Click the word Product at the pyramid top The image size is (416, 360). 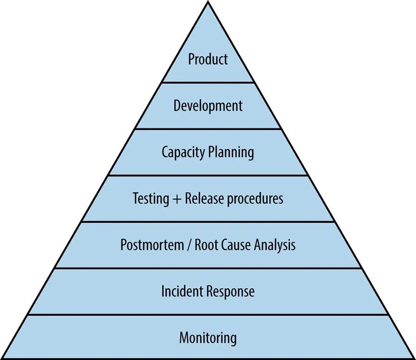(x=208, y=59)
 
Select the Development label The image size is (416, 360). (x=208, y=106)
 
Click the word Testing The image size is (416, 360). (x=151, y=199)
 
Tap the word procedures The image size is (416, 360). (x=257, y=199)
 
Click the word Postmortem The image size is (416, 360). (x=151, y=244)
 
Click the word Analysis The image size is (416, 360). (x=275, y=244)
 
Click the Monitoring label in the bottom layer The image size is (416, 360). (x=208, y=337)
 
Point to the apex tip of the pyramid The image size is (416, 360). (x=208, y=2)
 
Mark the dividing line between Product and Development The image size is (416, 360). (x=208, y=83)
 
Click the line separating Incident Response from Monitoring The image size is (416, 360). (x=208, y=315)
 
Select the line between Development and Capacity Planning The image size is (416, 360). (x=208, y=129)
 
